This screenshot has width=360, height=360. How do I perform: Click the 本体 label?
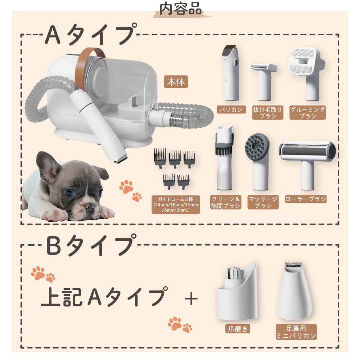[x=176, y=82]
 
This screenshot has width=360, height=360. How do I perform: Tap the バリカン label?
[x=231, y=109]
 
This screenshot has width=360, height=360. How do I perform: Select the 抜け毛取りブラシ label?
[x=267, y=113]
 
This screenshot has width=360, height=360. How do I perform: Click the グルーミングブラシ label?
[x=307, y=113]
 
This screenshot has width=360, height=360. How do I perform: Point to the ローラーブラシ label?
[x=305, y=199]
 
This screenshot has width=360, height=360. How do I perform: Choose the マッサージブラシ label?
[x=263, y=202]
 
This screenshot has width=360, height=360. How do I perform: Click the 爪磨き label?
[x=238, y=329]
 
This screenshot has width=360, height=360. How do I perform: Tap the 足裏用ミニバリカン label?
[x=296, y=332]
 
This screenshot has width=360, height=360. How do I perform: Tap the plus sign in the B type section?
[x=191, y=298]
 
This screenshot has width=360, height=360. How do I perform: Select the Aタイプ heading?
[x=90, y=35]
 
